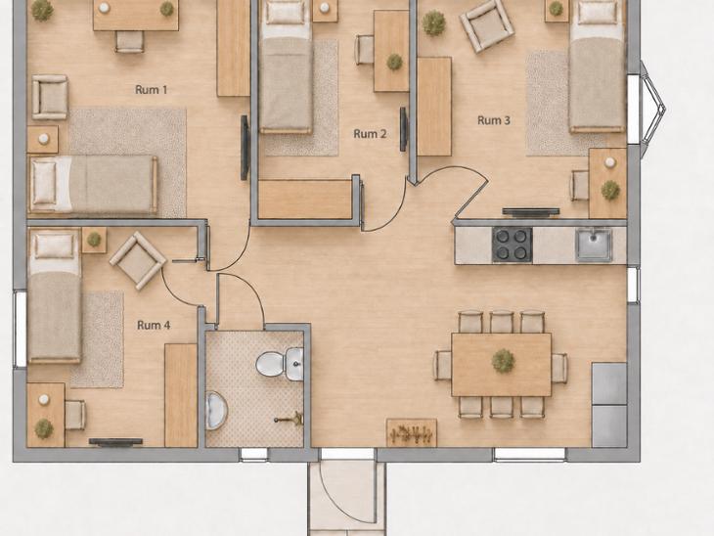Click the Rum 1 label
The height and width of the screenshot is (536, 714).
(x=152, y=90)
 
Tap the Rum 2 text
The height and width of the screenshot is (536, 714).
(x=370, y=134)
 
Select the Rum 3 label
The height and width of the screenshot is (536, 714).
(x=494, y=120)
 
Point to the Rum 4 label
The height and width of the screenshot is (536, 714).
(x=154, y=325)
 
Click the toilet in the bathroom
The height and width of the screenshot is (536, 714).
(x=280, y=364)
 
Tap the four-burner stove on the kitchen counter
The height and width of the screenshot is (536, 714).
(x=512, y=245)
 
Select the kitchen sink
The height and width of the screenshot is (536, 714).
(x=594, y=245)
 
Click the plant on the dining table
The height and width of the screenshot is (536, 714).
(x=503, y=361)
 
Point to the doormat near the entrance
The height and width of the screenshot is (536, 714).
(x=412, y=433)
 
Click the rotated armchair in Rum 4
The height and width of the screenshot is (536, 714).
(x=138, y=260)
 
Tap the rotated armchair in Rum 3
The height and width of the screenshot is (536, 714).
(x=487, y=26)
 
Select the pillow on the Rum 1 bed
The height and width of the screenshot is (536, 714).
(x=45, y=183)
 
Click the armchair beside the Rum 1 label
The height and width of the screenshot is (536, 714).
(x=50, y=97)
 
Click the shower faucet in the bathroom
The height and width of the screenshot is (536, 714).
(x=289, y=419)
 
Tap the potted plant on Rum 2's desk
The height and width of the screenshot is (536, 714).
(x=394, y=62)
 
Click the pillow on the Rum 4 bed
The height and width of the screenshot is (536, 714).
(x=55, y=246)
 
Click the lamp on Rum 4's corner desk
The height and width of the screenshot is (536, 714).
(x=44, y=399)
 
